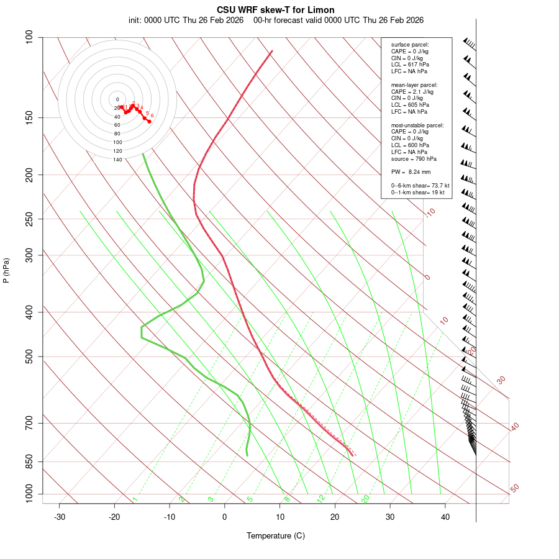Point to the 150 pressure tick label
point(29,117)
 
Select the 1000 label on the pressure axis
point(27,494)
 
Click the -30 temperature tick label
point(60,517)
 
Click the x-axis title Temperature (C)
point(276,535)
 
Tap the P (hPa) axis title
point(6,271)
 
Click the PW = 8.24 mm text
point(411,172)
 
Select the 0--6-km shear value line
point(420,186)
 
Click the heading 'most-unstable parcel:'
point(417,125)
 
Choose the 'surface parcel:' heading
point(410,45)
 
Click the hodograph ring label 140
point(117,160)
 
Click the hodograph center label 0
point(117,99)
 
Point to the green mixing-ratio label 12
point(321,498)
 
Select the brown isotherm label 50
point(514,488)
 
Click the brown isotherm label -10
point(430,212)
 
